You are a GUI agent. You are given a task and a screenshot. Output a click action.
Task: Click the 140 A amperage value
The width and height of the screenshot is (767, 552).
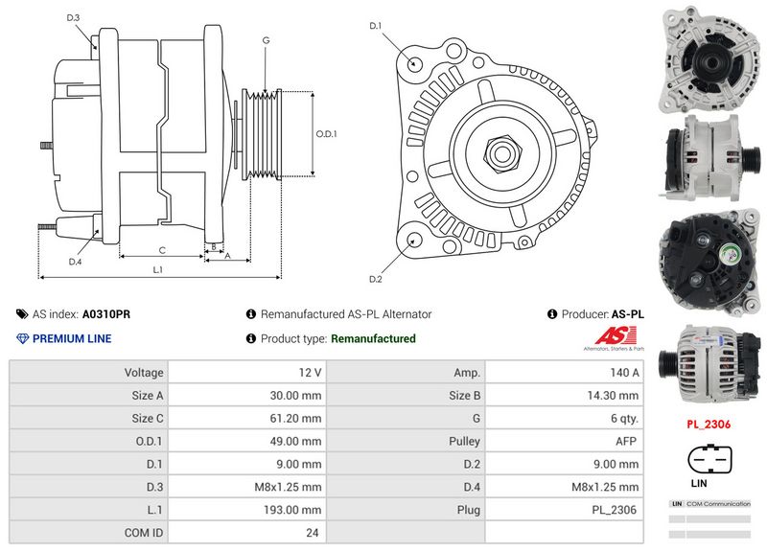(x=623, y=372)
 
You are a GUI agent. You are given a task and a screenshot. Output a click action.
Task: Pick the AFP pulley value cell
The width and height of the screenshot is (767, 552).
(x=627, y=440)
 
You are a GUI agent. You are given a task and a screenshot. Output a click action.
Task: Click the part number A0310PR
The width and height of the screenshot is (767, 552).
(x=106, y=314)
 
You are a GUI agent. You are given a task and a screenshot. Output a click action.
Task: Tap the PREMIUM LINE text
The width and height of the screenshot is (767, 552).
(x=72, y=338)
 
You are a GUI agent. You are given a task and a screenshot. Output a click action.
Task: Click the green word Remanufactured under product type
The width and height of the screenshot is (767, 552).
(x=373, y=338)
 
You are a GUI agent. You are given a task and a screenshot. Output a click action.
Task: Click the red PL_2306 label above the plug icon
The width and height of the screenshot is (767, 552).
(x=709, y=422)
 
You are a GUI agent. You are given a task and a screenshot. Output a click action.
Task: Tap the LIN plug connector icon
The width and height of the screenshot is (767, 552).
(x=709, y=462)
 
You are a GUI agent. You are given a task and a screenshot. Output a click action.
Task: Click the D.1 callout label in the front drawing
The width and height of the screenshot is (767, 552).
(x=376, y=25)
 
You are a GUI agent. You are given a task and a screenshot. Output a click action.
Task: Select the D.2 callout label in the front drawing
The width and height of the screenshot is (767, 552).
(x=376, y=279)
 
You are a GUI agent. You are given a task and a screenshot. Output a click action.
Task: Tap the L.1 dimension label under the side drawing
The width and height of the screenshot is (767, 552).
(x=157, y=270)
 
